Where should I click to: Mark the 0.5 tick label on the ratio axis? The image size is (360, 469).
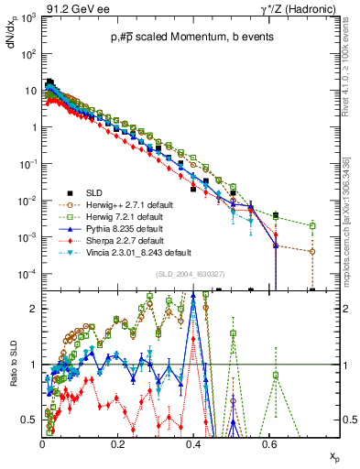tap(29, 420)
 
